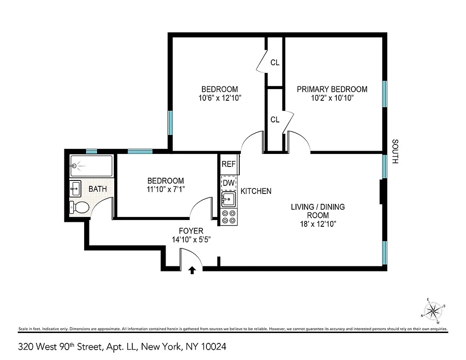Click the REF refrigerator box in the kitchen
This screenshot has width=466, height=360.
point(229,164)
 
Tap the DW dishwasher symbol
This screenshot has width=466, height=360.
point(229,183)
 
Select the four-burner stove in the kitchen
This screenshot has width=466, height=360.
point(229,217)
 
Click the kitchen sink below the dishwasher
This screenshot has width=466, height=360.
point(229,199)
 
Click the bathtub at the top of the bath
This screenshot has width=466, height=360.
point(91,166)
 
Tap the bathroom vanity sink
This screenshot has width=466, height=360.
point(75,189)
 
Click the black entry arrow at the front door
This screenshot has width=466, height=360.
point(192,270)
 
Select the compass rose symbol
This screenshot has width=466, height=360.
point(433,310)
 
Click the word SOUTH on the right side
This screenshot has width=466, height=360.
point(395,152)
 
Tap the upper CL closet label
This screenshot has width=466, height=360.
point(275,63)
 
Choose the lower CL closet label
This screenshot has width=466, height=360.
point(275,120)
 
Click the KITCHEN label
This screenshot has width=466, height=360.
point(256,191)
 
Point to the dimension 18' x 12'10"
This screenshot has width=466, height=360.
point(318,224)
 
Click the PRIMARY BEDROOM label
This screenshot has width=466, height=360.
point(332,89)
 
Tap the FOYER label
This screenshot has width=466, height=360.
point(191,231)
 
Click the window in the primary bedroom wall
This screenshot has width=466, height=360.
point(385,94)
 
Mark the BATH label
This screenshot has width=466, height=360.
point(98,189)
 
